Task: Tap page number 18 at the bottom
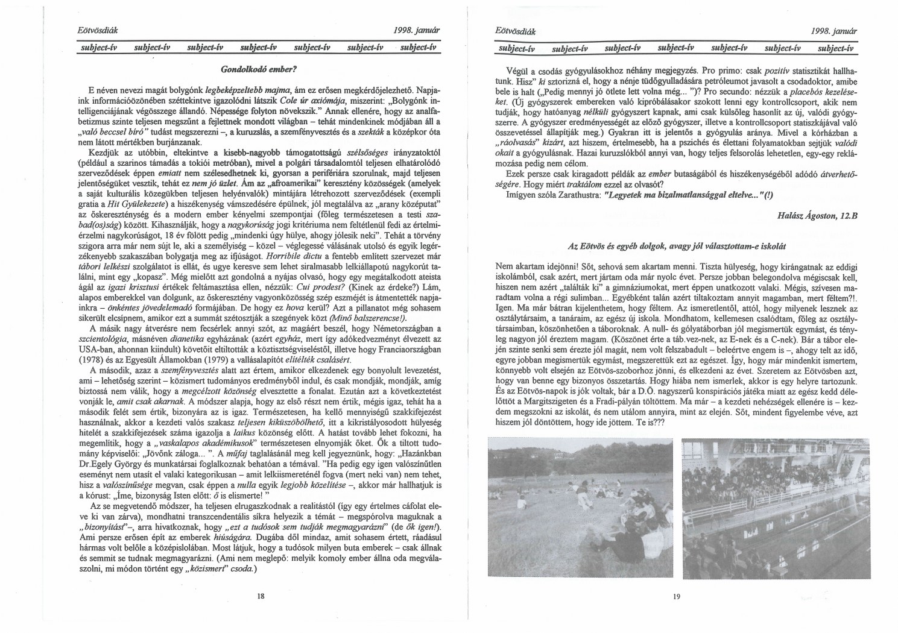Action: [x=261, y=596]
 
